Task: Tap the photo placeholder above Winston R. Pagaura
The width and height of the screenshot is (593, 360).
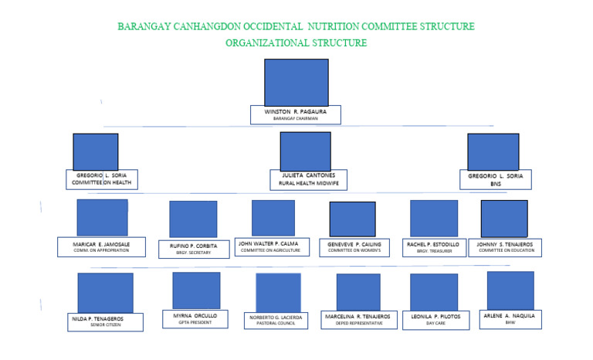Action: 296,82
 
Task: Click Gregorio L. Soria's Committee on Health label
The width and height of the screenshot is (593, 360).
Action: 101,179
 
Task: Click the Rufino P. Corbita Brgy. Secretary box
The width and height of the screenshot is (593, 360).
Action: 190,248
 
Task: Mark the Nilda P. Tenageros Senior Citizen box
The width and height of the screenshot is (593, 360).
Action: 106,321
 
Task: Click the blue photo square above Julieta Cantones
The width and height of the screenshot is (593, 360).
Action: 305,151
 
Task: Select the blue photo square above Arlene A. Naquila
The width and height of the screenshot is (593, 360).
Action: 510,290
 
